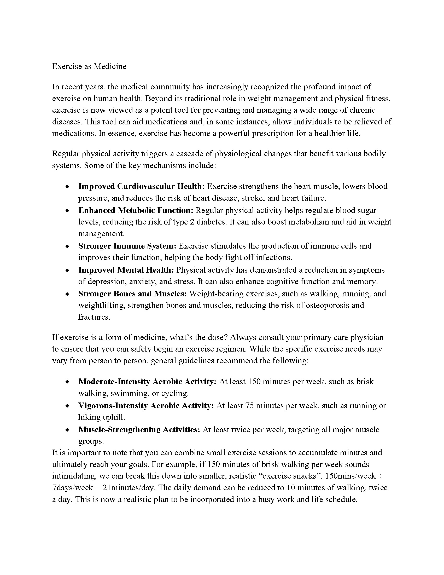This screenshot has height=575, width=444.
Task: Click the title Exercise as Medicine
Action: click(89, 66)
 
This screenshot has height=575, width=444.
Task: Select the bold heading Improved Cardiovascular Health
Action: click(141, 186)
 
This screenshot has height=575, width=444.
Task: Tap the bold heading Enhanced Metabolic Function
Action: click(136, 210)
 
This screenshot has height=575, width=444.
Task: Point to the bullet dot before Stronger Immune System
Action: click(68, 246)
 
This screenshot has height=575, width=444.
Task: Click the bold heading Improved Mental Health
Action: click(126, 270)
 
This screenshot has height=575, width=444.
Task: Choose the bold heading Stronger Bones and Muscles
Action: click(132, 294)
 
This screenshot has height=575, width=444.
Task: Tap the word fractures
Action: click(94, 317)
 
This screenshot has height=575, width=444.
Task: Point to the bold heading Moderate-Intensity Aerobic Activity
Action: click(147, 382)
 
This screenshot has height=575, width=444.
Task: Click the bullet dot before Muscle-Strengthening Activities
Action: click(68, 430)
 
